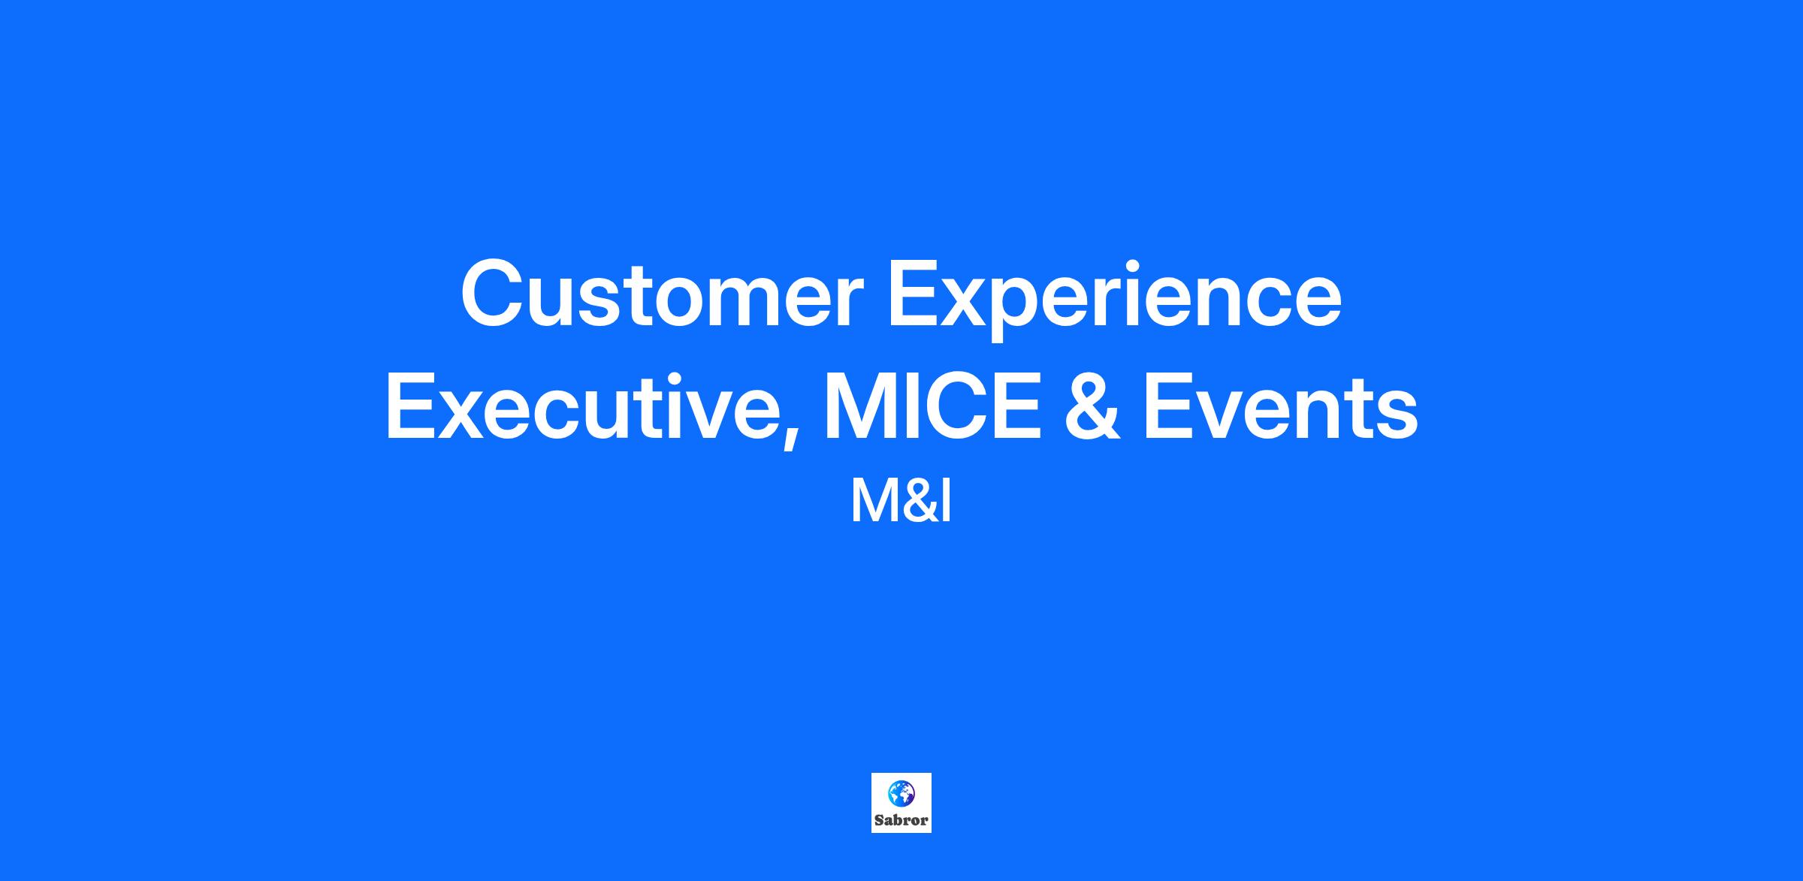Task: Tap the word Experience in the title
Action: pyautogui.click(x=1115, y=300)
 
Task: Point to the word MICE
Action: pyautogui.click(x=932, y=407)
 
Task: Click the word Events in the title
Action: pyautogui.click(x=1280, y=408)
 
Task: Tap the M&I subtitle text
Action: pyautogui.click(x=901, y=502)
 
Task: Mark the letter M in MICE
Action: pyautogui.click(x=860, y=407)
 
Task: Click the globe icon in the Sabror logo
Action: pyautogui.click(x=901, y=793)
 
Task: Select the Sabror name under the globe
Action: pyautogui.click(x=901, y=820)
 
